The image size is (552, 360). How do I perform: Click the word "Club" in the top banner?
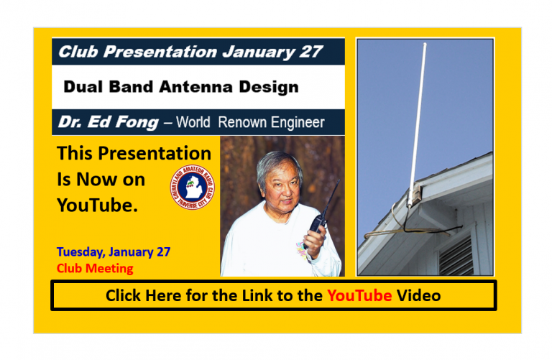click(75, 52)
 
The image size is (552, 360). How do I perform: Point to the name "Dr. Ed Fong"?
click(108, 122)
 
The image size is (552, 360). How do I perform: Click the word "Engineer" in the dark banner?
click(294, 122)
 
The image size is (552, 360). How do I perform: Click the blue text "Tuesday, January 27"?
click(114, 252)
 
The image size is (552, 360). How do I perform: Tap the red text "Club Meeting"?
click(95, 269)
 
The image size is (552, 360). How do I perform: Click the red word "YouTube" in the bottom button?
click(359, 295)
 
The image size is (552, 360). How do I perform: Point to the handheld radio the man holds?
click(318, 219)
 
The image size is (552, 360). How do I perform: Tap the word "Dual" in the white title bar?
click(80, 87)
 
